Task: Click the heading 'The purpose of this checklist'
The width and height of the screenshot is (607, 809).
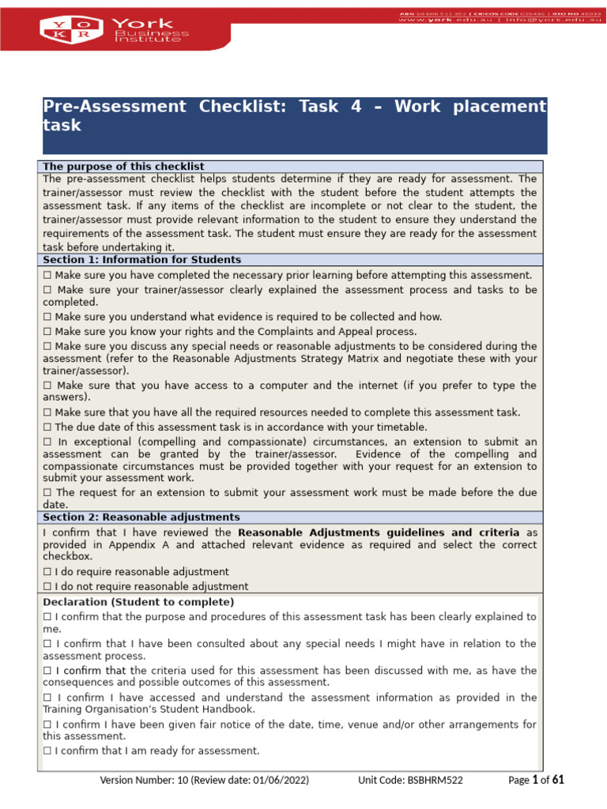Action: tap(123, 167)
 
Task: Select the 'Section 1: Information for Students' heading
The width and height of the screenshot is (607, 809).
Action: tap(141, 260)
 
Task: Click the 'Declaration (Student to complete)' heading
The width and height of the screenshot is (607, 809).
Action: tap(138, 602)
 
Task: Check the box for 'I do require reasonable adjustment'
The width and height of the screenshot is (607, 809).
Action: tap(47, 572)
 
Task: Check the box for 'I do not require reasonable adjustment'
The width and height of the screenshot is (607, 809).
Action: tap(47, 587)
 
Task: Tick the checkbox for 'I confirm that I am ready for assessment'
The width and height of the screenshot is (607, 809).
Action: tap(47, 751)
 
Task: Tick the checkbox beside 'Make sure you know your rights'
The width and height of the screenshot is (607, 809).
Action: tap(47, 332)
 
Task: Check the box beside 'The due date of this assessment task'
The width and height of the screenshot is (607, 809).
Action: tap(47, 427)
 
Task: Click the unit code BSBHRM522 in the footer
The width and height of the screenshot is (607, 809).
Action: tap(435, 781)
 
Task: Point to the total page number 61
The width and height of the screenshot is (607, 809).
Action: tap(558, 781)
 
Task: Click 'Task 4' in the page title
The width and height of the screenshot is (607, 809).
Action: tap(330, 107)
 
